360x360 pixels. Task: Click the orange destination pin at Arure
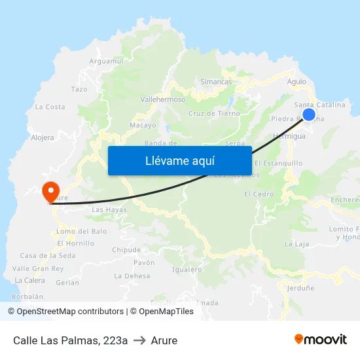click(x=50, y=191)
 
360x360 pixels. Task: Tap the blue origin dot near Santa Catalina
click(x=309, y=115)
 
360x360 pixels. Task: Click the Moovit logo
click(x=321, y=339)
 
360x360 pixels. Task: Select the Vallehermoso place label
click(x=163, y=99)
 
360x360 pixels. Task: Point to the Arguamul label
click(x=106, y=61)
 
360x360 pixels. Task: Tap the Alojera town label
click(x=43, y=137)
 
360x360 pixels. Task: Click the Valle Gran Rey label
click(x=38, y=268)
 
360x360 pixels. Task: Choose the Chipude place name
click(x=126, y=249)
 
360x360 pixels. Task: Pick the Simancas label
click(x=216, y=82)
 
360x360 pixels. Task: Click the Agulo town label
click(x=297, y=82)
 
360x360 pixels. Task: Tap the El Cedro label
click(x=259, y=194)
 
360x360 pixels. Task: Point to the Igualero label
click(x=187, y=269)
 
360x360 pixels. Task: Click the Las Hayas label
click(x=109, y=209)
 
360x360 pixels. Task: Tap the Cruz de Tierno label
click(x=214, y=113)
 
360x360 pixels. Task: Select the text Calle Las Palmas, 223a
click(x=70, y=340)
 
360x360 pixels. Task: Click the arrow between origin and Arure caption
click(x=139, y=340)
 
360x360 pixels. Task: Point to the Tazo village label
click(x=79, y=89)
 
